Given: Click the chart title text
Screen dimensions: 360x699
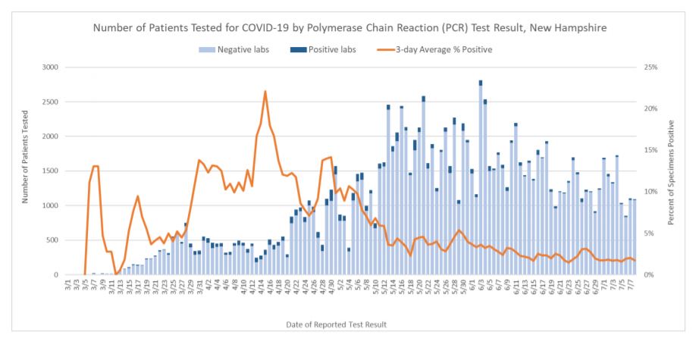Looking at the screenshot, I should [x=349, y=27].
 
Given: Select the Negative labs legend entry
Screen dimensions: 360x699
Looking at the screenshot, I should [x=231, y=50].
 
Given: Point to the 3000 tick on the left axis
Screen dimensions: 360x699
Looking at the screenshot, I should [x=50, y=67].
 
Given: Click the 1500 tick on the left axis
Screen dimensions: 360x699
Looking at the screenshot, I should [x=50, y=171].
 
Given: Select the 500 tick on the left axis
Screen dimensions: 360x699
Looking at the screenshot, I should [x=52, y=240].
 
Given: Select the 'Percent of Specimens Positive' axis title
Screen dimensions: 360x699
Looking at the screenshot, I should [x=672, y=171].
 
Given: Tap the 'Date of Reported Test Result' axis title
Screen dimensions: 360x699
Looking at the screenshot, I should [x=336, y=324].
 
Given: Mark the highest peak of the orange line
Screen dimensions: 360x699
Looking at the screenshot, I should [x=265, y=92].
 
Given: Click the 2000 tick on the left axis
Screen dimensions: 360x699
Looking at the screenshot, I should [x=50, y=136].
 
